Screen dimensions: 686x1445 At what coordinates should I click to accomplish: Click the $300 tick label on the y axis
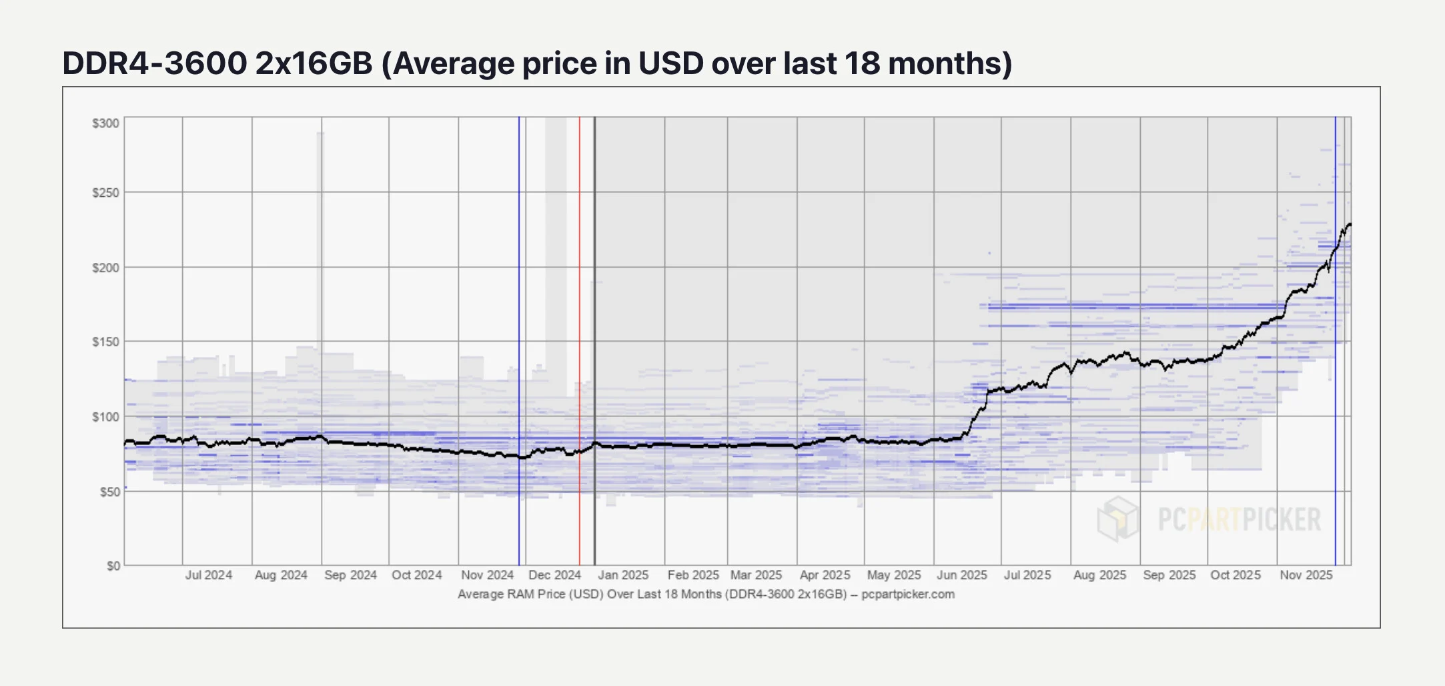tap(105, 123)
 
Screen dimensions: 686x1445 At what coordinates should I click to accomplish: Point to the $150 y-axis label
tap(105, 342)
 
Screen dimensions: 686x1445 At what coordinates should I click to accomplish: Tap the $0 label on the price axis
tap(113, 566)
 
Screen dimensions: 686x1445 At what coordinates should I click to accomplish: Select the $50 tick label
tap(109, 492)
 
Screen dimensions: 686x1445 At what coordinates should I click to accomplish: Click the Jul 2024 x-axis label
tap(209, 575)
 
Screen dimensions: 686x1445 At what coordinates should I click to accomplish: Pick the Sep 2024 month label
tap(350, 575)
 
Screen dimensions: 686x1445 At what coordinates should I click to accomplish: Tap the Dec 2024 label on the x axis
tap(554, 575)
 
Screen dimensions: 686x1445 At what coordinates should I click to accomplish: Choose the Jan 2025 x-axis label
tap(623, 575)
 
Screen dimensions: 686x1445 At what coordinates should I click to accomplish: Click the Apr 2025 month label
tap(825, 575)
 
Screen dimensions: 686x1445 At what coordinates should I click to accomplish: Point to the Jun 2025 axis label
tap(961, 575)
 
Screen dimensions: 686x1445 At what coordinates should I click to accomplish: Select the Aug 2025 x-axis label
tap(1099, 575)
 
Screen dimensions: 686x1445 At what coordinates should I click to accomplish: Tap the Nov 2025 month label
tap(1306, 575)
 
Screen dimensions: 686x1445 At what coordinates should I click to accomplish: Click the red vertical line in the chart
tap(580, 267)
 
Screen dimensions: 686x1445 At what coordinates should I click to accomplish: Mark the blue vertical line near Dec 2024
tap(519, 267)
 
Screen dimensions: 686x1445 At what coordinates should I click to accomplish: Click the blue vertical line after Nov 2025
tap(1336, 400)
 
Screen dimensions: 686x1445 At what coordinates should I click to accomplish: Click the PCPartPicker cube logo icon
tap(1118, 519)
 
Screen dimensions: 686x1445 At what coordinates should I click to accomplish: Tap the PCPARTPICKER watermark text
tap(1239, 519)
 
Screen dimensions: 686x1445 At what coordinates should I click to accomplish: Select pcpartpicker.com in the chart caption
tap(908, 594)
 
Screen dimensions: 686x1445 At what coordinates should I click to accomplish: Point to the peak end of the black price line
tap(1350, 224)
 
